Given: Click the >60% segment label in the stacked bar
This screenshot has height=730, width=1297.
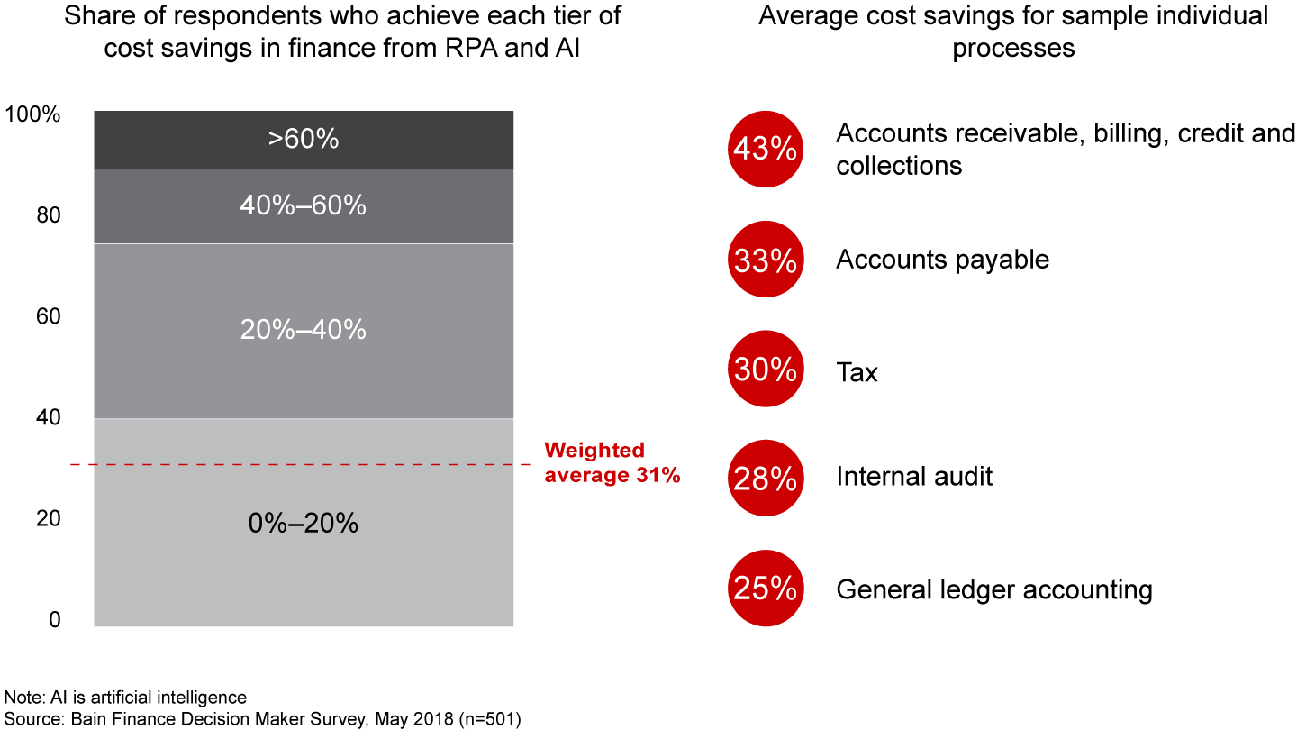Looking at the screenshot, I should pos(303,140).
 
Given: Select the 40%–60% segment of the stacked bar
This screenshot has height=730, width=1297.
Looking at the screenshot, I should pos(303,206).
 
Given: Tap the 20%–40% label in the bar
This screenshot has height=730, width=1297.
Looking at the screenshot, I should pos(303,330).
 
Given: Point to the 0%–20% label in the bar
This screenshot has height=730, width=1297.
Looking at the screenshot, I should pos(303,524).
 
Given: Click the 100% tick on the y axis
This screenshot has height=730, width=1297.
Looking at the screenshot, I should pos(32,114).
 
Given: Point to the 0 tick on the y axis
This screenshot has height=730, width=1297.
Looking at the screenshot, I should pos(53,620).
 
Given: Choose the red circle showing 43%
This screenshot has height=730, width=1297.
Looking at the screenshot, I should pos(765,150).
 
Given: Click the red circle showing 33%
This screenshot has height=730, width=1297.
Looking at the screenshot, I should pos(765,260).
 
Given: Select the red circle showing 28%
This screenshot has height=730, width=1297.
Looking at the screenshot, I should pos(765,478).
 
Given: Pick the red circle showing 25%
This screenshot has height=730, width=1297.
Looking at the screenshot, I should pos(765,589).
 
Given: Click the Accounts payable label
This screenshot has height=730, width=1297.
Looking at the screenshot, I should pos(942,260).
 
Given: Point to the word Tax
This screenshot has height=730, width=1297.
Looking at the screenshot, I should pos(857,372).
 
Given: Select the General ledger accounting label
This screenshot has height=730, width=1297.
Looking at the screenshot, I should pos(993,589).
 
